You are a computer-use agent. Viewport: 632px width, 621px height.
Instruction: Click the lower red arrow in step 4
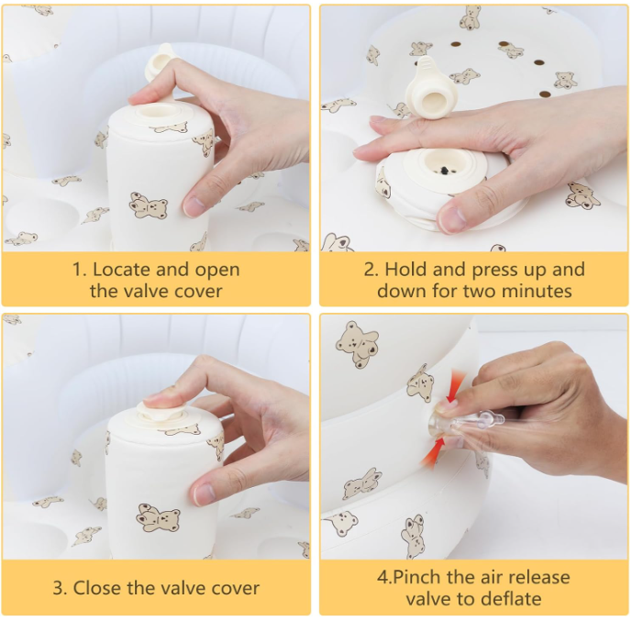point(447,449)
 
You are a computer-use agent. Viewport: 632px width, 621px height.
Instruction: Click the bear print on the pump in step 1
point(148,205)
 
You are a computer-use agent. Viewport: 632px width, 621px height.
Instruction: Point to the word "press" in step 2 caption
point(497,270)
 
